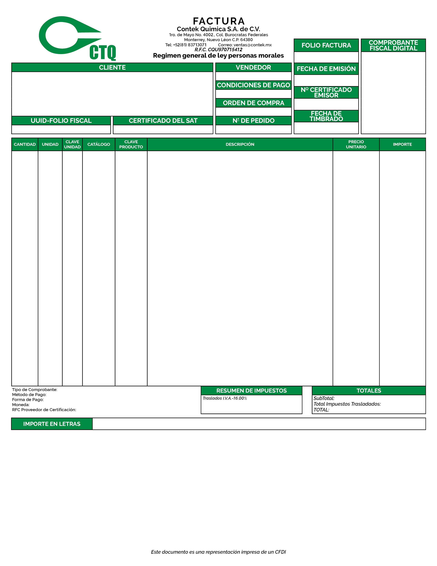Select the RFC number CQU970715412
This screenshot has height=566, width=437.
pos(225,50)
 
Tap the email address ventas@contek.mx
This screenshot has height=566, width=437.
pos(252,45)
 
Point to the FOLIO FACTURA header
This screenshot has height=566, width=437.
pos(326,45)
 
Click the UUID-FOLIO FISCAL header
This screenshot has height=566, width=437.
pos(61,121)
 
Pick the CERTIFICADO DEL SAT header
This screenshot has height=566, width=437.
pos(163,121)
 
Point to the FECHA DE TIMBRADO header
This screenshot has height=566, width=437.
pos(326,116)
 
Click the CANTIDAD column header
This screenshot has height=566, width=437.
pos(25,144)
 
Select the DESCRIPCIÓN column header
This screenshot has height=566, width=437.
pos(240,144)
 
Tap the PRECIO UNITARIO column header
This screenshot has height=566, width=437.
pos(356,144)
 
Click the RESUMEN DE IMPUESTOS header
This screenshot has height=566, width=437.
pos(251,391)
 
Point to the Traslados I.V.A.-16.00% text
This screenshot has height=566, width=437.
pos(225,398)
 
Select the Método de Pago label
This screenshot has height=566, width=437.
pos(29,394)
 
